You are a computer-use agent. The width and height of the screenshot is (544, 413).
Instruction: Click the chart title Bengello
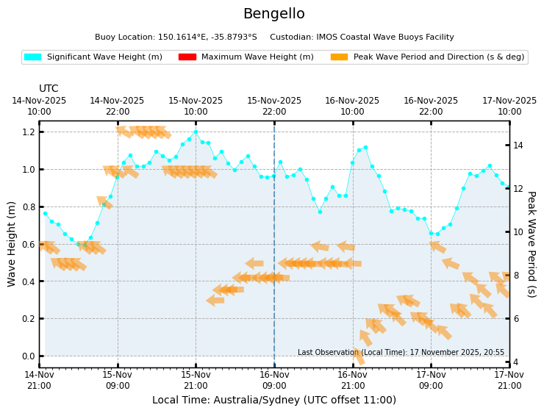(x=273, y=14)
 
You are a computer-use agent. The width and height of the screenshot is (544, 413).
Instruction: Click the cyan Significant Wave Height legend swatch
(x=32, y=57)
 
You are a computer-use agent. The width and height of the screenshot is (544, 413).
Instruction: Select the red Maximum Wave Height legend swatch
(x=187, y=57)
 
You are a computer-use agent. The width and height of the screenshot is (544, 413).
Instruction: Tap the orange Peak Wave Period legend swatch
(x=339, y=57)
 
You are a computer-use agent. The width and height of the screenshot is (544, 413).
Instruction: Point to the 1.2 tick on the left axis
(x=28, y=132)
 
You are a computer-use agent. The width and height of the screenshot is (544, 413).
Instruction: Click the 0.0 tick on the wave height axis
(x=28, y=356)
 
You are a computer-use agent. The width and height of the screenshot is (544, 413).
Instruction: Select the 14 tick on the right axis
(x=518, y=146)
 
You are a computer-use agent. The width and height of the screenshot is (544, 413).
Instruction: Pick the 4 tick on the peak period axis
(x=517, y=362)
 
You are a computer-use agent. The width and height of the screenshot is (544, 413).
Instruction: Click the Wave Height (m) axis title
(x=12, y=244)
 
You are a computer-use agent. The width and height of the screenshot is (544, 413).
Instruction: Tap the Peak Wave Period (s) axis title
(x=531, y=244)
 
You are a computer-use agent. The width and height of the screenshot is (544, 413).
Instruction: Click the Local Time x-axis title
(x=273, y=401)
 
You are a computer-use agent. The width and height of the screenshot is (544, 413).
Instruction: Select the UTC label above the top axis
(x=49, y=89)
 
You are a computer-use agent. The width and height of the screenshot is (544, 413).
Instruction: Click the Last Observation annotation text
(x=401, y=353)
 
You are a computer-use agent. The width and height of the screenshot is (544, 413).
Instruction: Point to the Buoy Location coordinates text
(x=176, y=37)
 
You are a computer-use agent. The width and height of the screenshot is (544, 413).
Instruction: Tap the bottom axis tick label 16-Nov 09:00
(x=274, y=380)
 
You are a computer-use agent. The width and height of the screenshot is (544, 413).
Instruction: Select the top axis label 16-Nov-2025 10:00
(x=352, y=106)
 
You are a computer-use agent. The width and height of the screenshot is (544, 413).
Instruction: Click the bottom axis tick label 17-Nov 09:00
(x=431, y=380)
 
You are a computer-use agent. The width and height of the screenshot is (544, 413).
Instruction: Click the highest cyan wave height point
(x=196, y=132)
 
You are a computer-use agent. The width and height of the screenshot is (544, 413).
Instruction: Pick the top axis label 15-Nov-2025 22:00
(x=274, y=106)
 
